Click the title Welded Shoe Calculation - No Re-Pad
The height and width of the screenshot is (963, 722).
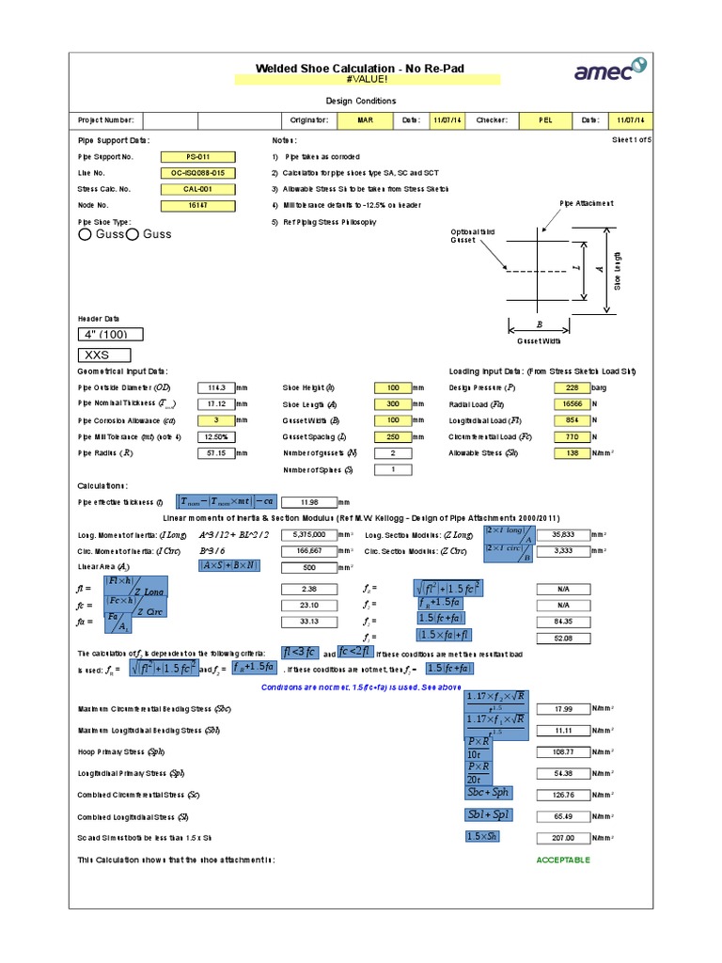pyautogui.click(x=360, y=69)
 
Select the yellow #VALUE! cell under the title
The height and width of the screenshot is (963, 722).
pyautogui.click(x=360, y=80)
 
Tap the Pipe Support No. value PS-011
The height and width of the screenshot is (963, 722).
pyautogui.click(x=197, y=157)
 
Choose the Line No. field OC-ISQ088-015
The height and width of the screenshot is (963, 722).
pyautogui.click(x=197, y=174)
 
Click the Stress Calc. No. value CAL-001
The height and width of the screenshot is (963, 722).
pyautogui.click(x=197, y=189)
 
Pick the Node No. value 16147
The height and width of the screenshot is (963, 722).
pyautogui.click(x=197, y=204)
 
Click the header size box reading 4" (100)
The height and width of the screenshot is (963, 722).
pyautogui.click(x=111, y=335)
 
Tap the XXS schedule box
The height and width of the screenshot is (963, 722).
pyautogui.click(x=111, y=355)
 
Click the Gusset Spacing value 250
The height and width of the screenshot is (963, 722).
pyautogui.click(x=393, y=436)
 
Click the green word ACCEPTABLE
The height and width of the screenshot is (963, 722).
pyautogui.click(x=563, y=860)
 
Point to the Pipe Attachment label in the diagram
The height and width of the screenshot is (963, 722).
pyautogui.click(x=587, y=202)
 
